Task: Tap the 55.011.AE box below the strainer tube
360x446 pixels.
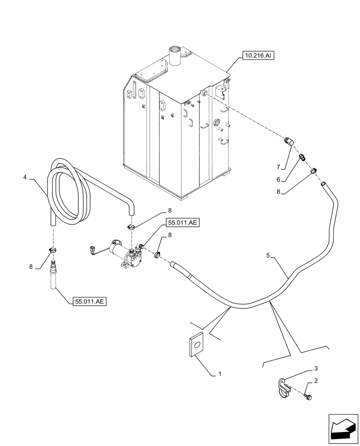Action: [x=89, y=301]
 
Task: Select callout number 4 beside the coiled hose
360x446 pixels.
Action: [x=25, y=177]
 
